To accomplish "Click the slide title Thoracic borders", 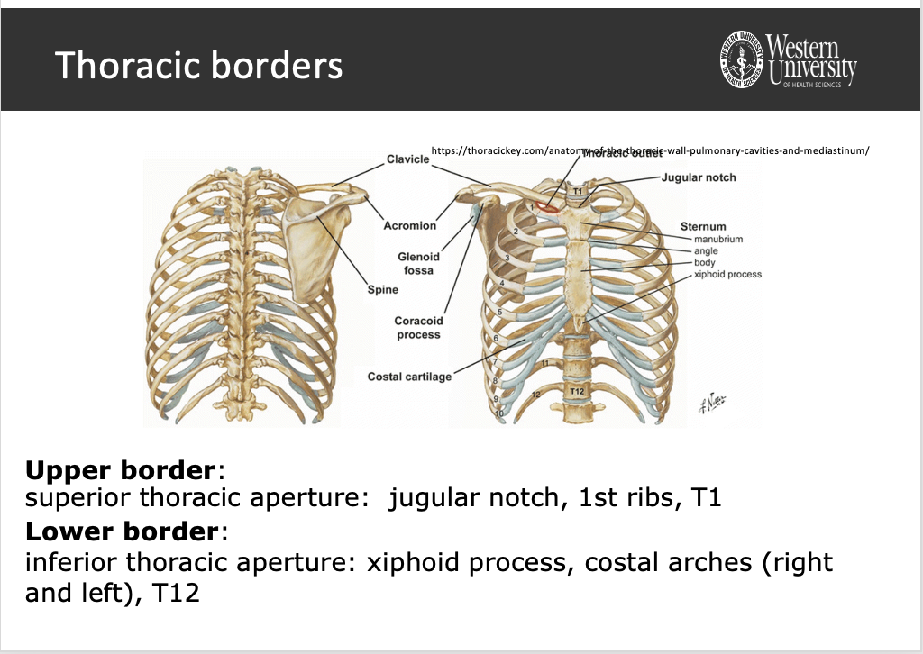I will pyautogui.click(x=198, y=66).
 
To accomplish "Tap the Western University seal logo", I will pyautogui.click(x=741, y=60).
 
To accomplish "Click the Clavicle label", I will pyautogui.click(x=407, y=159).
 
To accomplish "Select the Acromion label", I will pyautogui.click(x=409, y=225).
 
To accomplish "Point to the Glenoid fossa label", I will pyautogui.click(x=418, y=264).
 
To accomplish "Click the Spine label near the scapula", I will pyautogui.click(x=382, y=290).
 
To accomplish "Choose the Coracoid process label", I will pyautogui.click(x=418, y=328).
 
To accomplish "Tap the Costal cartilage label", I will pyautogui.click(x=409, y=377).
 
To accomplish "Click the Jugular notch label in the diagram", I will pyautogui.click(x=699, y=177).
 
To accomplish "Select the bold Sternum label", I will pyautogui.click(x=703, y=226).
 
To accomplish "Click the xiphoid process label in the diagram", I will pyautogui.click(x=727, y=274).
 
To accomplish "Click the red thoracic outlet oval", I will pyautogui.click(x=547, y=205).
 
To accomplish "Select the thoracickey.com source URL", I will pyautogui.click(x=649, y=150).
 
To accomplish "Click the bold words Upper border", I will pyautogui.click(x=122, y=470).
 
